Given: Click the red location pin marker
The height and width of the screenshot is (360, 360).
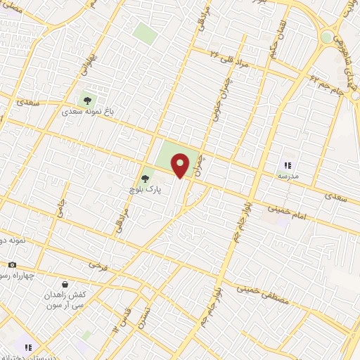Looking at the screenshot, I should pos(181,165).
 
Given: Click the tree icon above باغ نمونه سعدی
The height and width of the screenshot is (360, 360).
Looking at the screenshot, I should pos(89,99).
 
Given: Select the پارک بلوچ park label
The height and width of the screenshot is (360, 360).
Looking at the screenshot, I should pos(149,189).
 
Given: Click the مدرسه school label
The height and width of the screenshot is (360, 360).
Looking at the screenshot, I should pos(289,174).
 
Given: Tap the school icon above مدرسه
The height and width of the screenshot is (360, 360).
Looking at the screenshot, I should pos(287,164).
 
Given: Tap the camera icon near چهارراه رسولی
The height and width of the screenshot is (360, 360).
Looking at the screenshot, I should pos(11,265).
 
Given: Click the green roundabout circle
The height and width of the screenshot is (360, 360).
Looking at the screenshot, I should pos(326,37).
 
